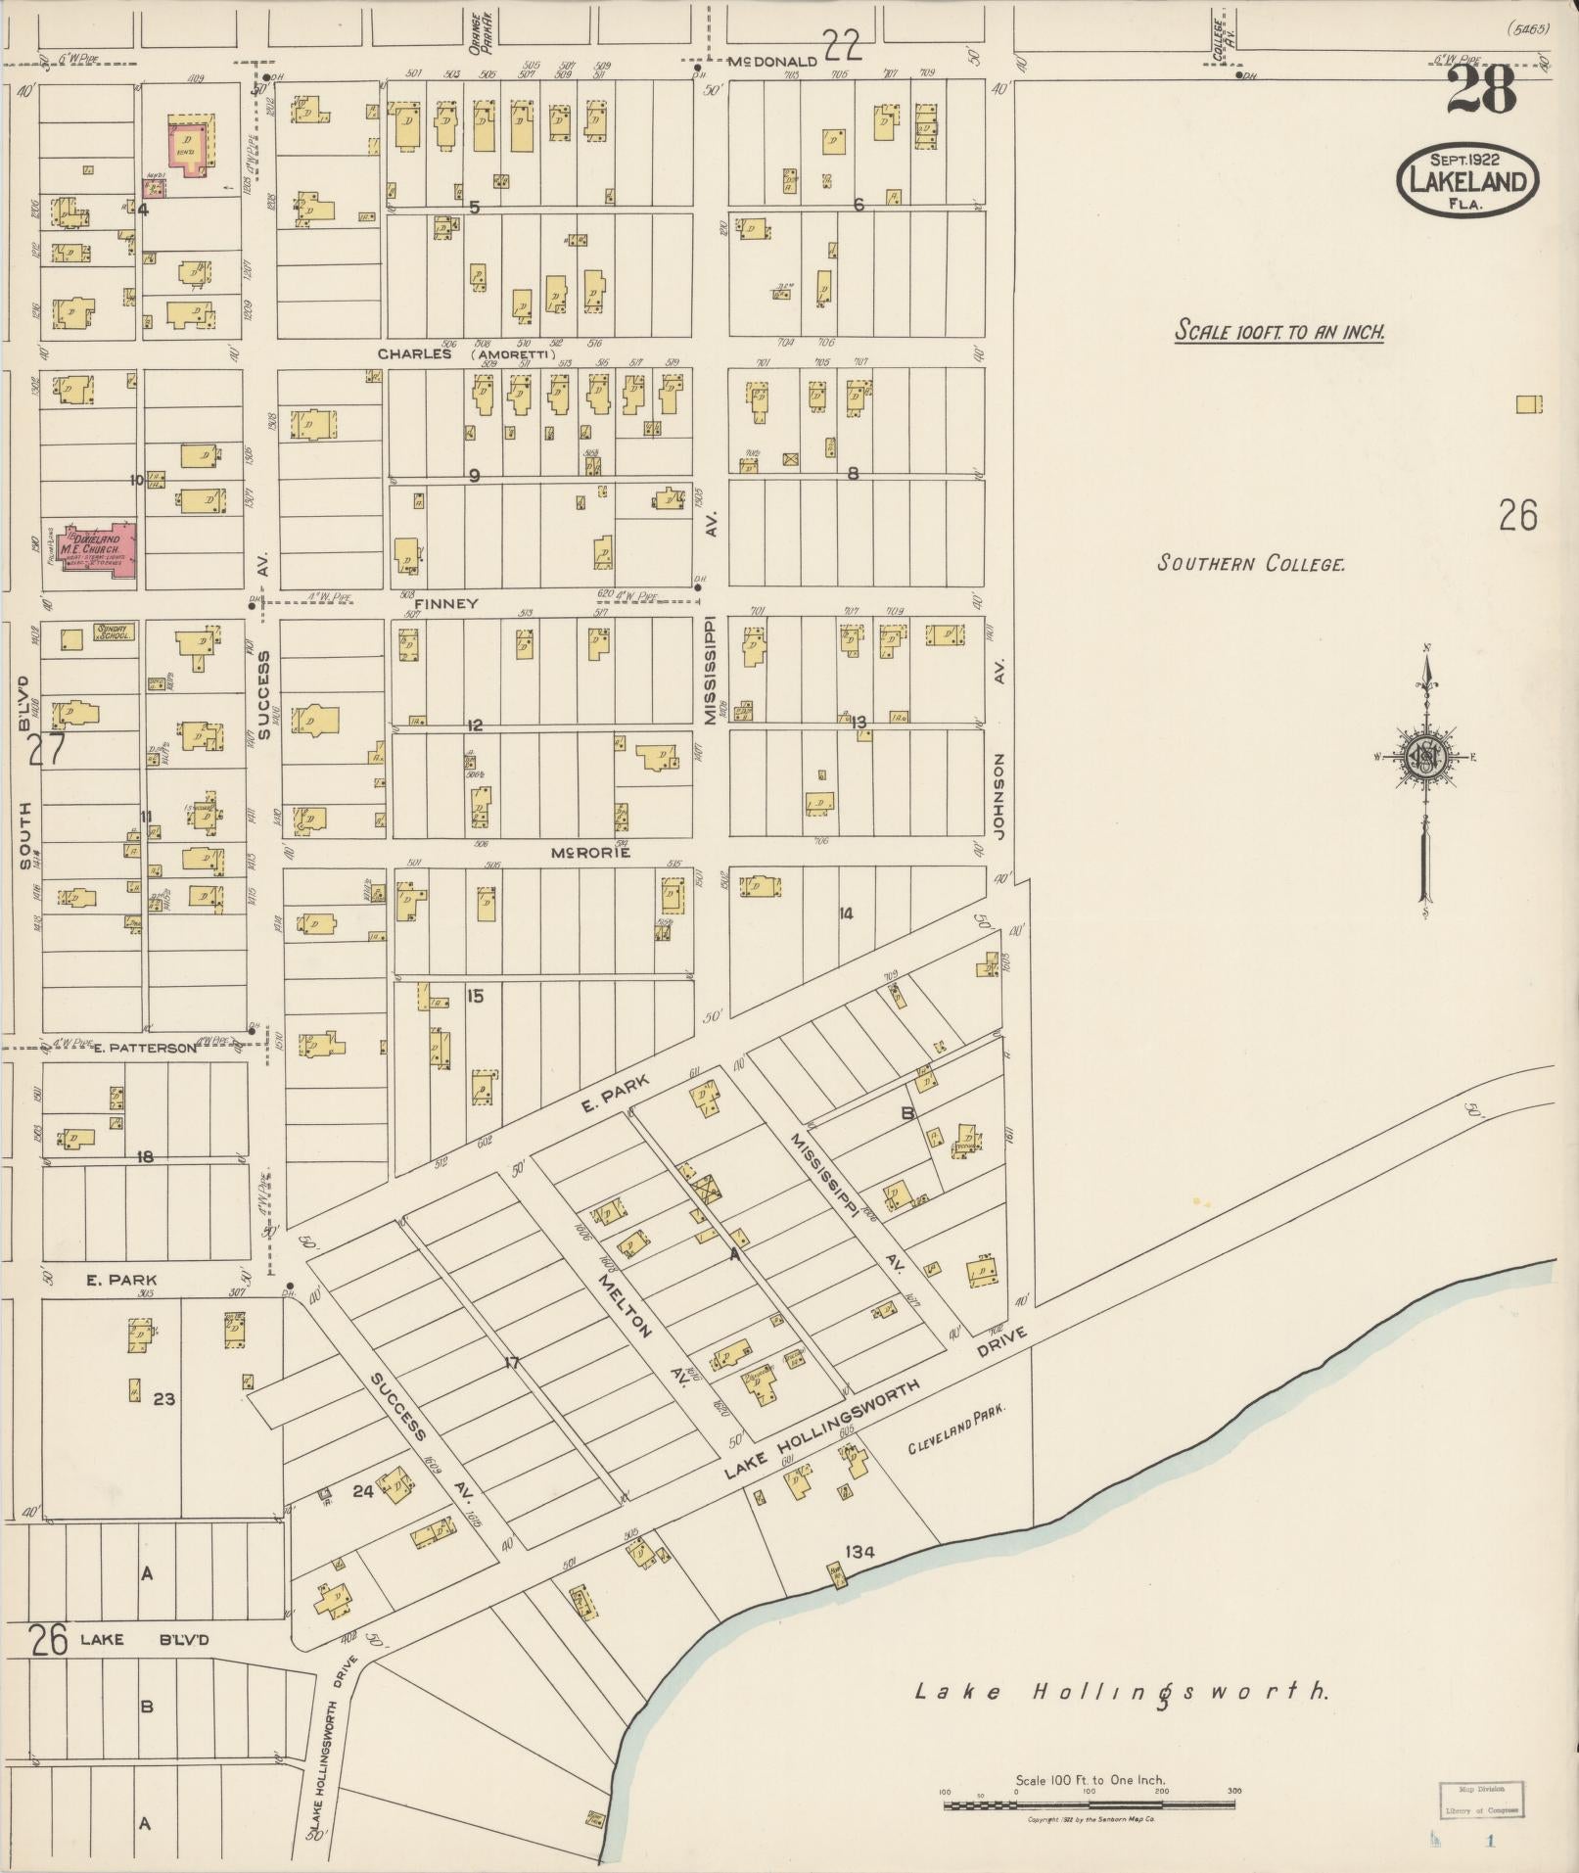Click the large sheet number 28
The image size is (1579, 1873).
click(x=1480, y=90)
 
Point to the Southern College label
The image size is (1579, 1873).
click(x=1251, y=564)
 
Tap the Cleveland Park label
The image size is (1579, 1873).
click(x=956, y=1435)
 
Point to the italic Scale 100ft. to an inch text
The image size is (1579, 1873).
click(x=1279, y=332)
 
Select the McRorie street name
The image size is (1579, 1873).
click(x=589, y=853)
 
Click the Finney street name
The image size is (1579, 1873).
click(x=445, y=604)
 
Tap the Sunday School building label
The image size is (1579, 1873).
click(x=114, y=633)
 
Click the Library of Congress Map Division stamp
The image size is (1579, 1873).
click(x=1482, y=1799)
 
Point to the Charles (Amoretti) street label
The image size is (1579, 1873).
click(x=465, y=353)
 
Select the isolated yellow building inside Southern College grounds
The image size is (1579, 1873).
click(x=1527, y=404)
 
